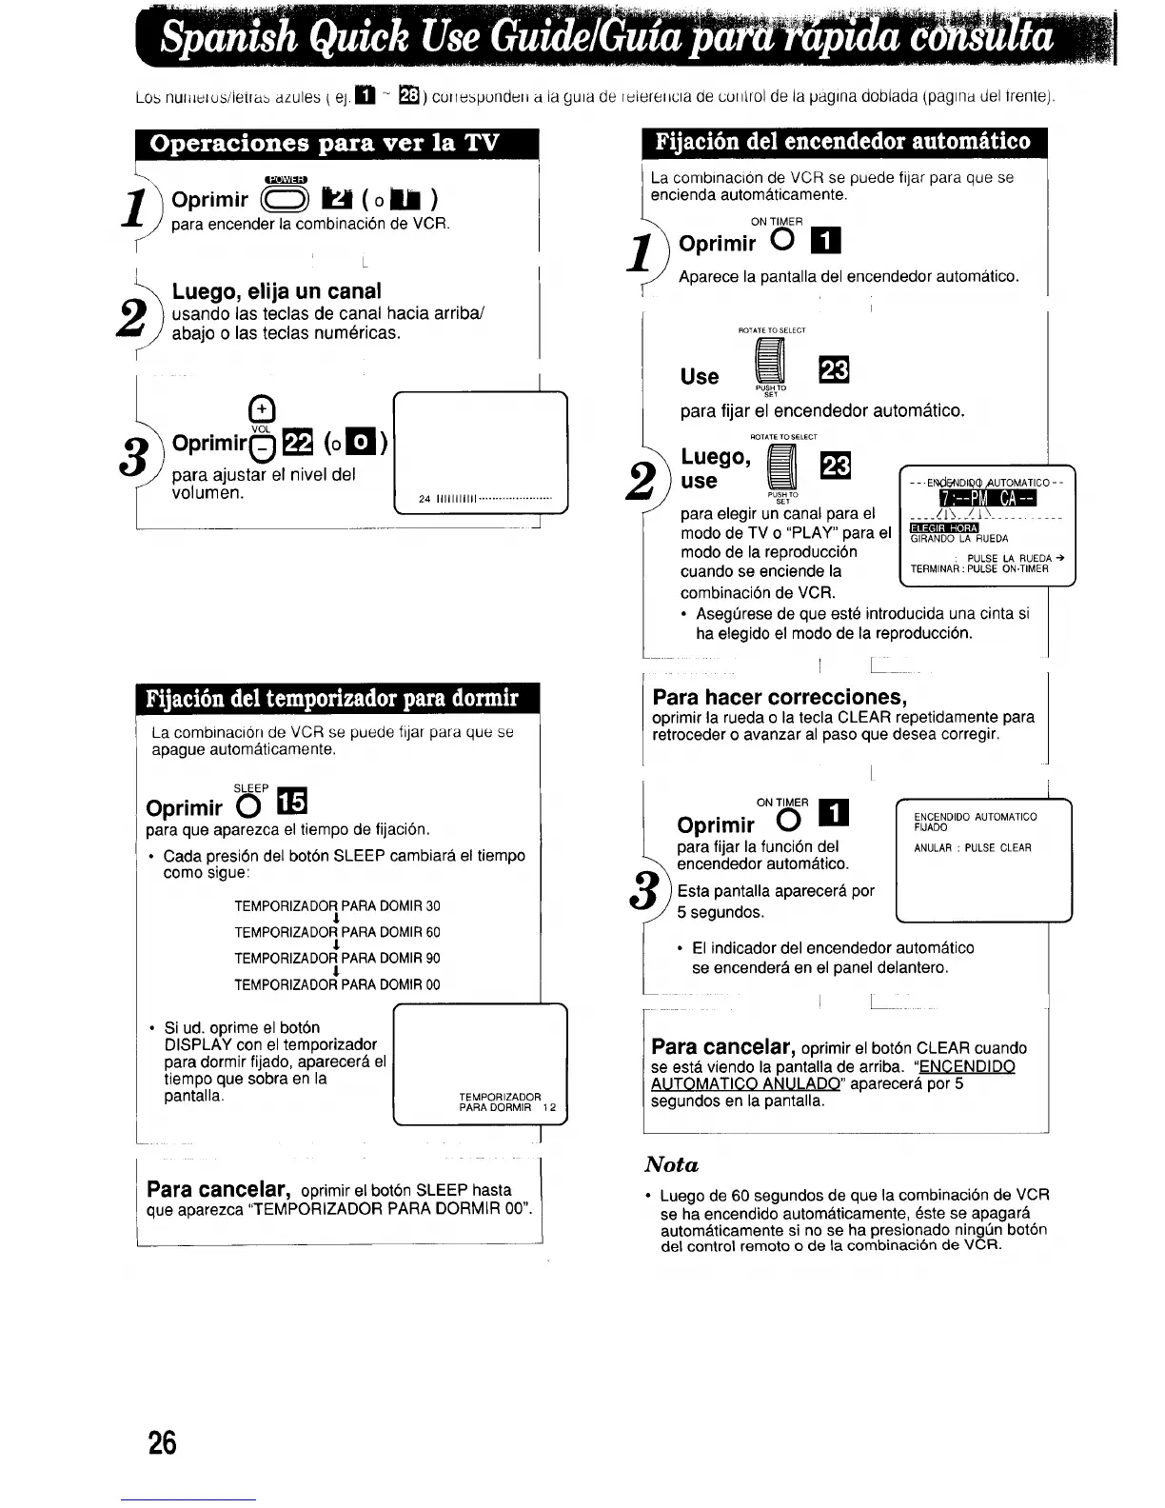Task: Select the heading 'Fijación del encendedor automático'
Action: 842,142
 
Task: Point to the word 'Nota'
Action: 672,1164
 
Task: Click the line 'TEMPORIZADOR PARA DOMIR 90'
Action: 337,958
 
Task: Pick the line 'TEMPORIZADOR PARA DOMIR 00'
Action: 337,984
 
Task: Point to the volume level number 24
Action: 425,500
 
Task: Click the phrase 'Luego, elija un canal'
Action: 276,291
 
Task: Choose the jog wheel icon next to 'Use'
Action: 770,367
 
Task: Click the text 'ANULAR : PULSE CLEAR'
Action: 972,847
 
